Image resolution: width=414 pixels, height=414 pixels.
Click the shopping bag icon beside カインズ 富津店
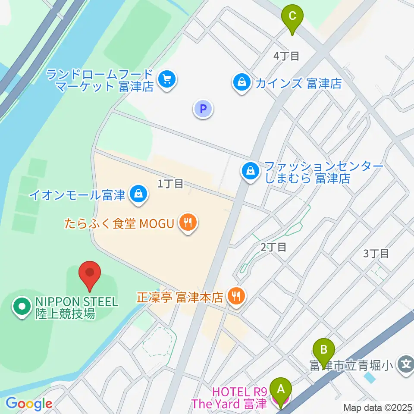point(242,83)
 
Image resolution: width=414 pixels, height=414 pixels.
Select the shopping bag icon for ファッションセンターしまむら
point(250,172)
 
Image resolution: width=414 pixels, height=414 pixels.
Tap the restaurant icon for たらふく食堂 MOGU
point(188,223)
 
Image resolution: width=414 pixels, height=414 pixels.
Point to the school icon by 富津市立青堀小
point(405,365)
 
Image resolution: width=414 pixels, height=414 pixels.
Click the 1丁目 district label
point(170,184)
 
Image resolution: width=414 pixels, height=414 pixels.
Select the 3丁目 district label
point(376,253)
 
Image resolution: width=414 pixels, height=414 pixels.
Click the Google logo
point(29,404)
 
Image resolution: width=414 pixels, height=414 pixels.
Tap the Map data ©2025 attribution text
point(377,407)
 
